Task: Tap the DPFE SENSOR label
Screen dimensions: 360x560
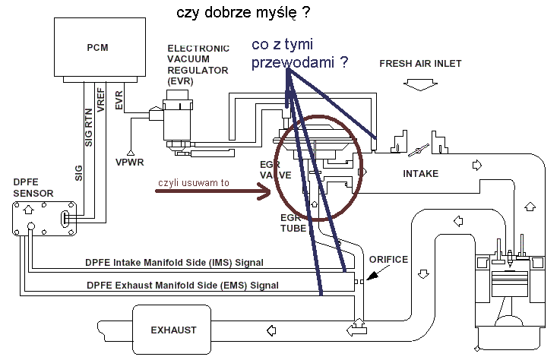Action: pyautogui.click(x=33, y=188)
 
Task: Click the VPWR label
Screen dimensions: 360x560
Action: pyautogui.click(x=131, y=162)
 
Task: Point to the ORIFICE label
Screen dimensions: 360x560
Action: pyautogui.click(x=388, y=259)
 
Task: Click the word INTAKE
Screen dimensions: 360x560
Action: pyautogui.click(x=419, y=173)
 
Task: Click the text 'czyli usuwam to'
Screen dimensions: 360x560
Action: pyautogui.click(x=194, y=182)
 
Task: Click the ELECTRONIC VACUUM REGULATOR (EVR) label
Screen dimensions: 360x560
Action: pyautogui.click(x=198, y=64)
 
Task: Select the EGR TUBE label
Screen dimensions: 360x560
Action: pyautogui.click(x=294, y=223)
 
